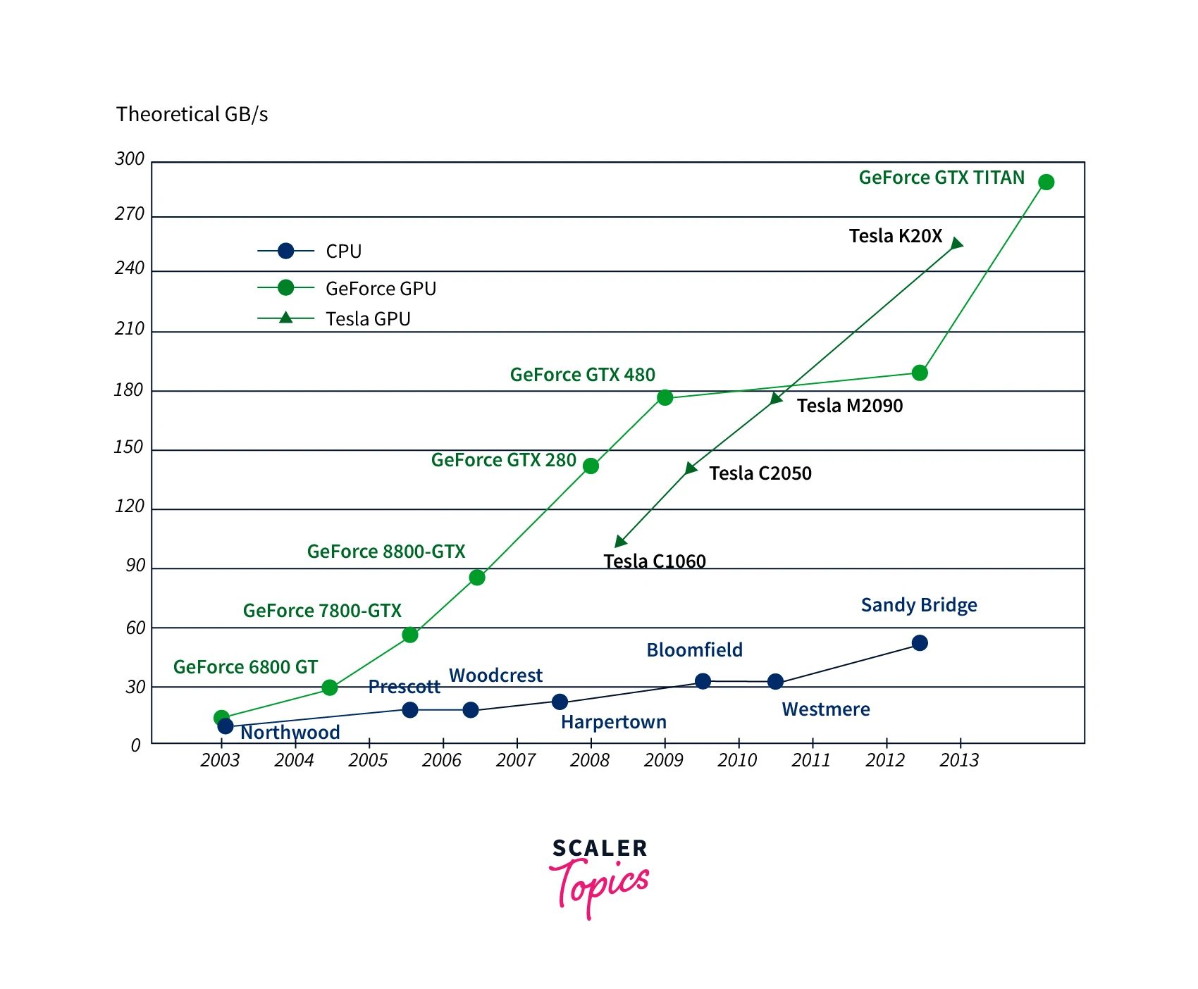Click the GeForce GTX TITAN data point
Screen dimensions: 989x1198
tap(1046, 182)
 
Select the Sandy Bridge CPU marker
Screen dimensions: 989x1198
tap(920, 643)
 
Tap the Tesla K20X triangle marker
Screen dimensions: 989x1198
tap(956, 244)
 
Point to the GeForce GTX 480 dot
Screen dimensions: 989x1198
tap(665, 398)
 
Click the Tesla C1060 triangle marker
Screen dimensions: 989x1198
tap(620, 541)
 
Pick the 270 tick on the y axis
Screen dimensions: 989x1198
tap(130, 214)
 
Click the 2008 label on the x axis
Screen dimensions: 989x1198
tap(590, 761)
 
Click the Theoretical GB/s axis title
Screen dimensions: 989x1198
tap(192, 114)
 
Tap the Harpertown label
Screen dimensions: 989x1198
tap(613, 722)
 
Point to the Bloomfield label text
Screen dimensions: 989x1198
tap(694, 650)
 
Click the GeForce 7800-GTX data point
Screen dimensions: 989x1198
tap(410, 635)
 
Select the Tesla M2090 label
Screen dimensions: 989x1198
tap(850, 406)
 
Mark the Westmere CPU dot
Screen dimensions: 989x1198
tap(775, 682)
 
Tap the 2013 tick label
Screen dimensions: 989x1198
tap(959, 761)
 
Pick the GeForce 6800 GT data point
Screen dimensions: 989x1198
tap(330, 688)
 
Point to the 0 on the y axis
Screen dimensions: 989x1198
tap(136, 745)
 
